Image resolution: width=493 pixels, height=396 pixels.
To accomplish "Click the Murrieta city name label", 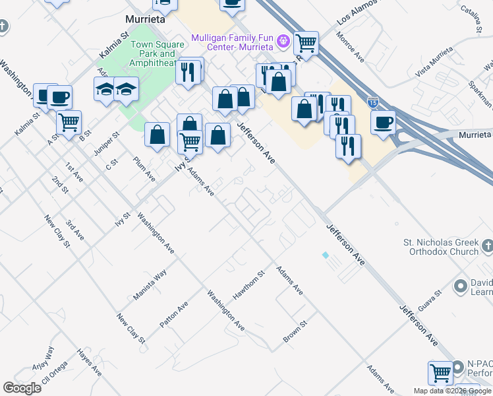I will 145,20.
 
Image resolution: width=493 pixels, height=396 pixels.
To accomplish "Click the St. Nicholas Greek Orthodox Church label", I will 441,247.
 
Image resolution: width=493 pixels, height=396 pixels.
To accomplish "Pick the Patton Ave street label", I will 174,315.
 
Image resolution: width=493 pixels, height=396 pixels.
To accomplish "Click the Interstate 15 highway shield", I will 372,103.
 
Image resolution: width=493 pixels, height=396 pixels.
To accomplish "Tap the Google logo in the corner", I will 22,388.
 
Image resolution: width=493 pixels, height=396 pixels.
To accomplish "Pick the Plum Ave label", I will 144,169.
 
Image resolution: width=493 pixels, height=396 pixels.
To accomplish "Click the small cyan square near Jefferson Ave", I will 324,254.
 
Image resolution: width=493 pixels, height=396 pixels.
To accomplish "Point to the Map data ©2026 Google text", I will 453,391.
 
